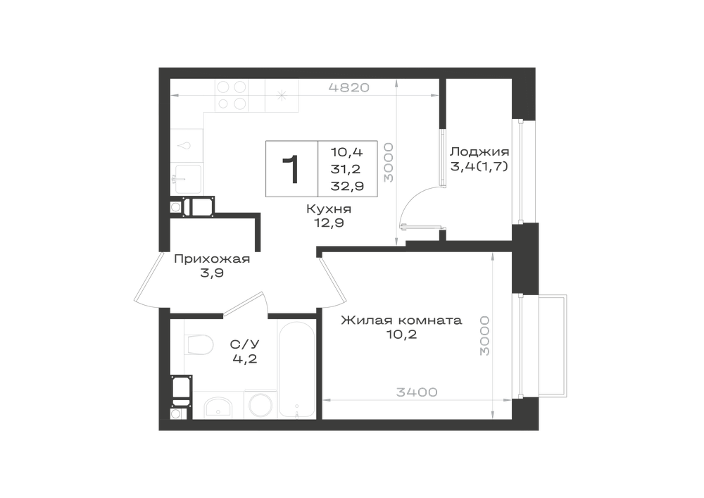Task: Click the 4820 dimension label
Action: pyautogui.click(x=349, y=87)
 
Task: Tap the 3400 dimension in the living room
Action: pyautogui.click(x=417, y=392)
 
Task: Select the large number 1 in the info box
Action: pyautogui.click(x=291, y=169)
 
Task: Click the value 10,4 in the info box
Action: pyautogui.click(x=346, y=152)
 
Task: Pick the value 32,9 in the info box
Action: pyautogui.click(x=347, y=186)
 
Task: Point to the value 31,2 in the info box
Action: pyautogui.click(x=346, y=169)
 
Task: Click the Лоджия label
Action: pyautogui.click(x=479, y=151)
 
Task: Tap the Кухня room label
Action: pyautogui.click(x=329, y=208)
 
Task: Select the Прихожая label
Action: pyautogui.click(x=212, y=259)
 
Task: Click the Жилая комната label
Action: pyautogui.click(x=401, y=320)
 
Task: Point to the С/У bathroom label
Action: pyautogui.click(x=245, y=344)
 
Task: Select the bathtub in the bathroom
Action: pyautogui.click(x=296, y=368)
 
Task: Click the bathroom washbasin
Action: pyautogui.click(x=218, y=408)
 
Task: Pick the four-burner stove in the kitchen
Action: pyautogui.click(x=232, y=95)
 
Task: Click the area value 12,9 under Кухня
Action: pyautogui.click(x=329, y=223)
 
